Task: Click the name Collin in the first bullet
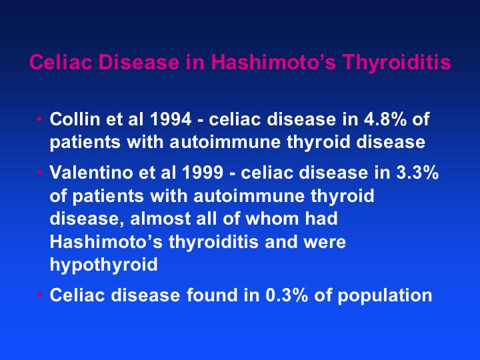(75, 119)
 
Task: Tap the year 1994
(171, 119)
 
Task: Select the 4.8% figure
(385, 119)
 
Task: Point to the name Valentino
(91, 173)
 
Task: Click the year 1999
(203, 173)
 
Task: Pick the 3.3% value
(417, 173)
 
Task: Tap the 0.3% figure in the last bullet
(287, 295)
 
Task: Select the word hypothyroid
(103, 265)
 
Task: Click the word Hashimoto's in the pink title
(274, 62)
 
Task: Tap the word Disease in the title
(139, 62)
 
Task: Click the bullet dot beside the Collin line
(39, 119)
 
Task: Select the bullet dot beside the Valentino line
(39, 172)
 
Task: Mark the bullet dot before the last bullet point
(39, 295)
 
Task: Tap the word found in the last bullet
(212, 295)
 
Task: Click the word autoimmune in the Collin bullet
(225, 142)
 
